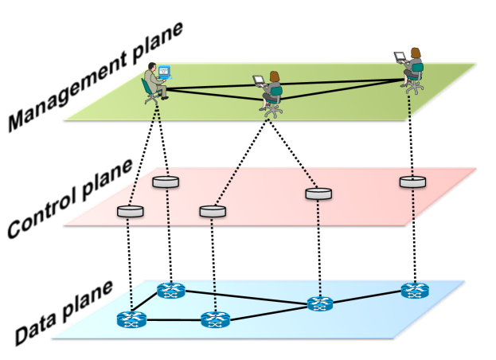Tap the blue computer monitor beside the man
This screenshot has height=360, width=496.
click(164, 71)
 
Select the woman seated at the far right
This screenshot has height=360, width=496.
click(414, 70)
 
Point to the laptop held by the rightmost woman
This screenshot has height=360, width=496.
click(400, 57)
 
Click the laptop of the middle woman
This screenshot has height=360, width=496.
click(259, 80)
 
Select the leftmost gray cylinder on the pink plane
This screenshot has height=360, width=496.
click(131, 211)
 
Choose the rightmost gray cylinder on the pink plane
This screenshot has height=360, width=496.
click(412, 182)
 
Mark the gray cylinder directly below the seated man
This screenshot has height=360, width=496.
click(166, 182)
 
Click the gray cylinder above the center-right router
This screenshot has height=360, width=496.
click(318, 193)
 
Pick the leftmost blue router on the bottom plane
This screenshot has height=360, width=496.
click(131, 319)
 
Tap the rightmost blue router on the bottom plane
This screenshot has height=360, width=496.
click(415, 290)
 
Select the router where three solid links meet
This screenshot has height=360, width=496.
click(320, 303)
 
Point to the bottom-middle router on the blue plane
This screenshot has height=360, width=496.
click(216, 319)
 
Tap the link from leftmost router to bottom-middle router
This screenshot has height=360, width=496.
click(174, 320)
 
